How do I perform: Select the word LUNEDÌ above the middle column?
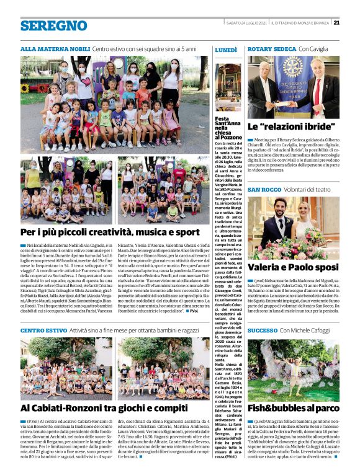[226, 49]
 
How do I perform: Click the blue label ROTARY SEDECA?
[271, 48]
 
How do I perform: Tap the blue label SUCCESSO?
[263, 331]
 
